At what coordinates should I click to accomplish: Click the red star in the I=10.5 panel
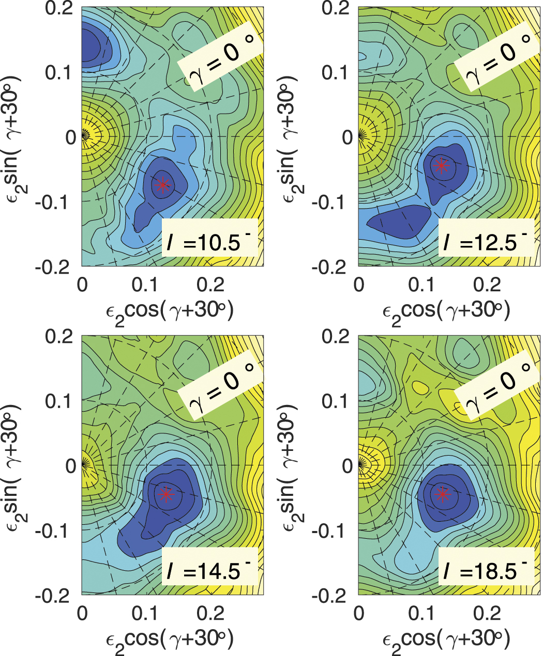[x=163, y=185]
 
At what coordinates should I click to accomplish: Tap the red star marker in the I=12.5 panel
[x=441, y=165]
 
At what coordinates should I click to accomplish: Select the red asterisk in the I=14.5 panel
[x=165, y=494]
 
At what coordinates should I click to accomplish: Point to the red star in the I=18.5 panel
[x=442, y=494]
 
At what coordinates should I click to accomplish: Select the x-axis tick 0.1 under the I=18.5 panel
[x=423, y=614]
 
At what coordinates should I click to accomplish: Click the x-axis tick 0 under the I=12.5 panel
[x=359, y=285]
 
